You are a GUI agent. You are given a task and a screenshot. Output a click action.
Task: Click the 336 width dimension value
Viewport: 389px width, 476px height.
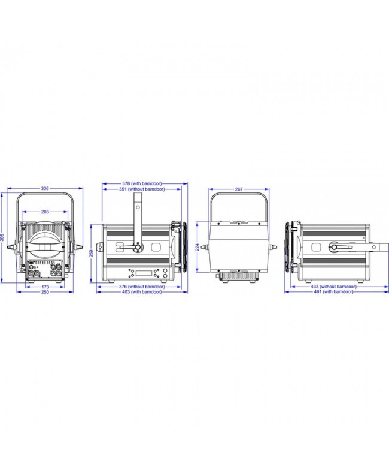pos(45,188)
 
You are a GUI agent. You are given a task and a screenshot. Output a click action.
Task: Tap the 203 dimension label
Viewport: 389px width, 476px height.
pos(45,212)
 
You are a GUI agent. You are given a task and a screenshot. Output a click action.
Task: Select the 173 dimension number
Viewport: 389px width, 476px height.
pos(45,287)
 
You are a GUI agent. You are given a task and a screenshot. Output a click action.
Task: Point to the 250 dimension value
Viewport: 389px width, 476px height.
pos(45,292)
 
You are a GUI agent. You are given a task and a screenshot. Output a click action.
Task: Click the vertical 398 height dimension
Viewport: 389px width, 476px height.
pos(2,237)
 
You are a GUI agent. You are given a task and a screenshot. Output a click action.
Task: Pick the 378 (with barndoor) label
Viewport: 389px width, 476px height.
pos(142,183)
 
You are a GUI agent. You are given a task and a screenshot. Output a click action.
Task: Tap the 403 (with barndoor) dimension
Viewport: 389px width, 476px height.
pos(142,292)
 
